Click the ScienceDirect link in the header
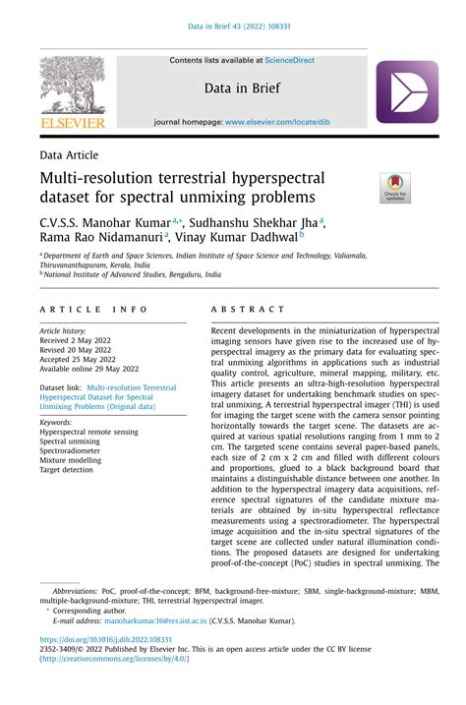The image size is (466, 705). click(x=290, y=60)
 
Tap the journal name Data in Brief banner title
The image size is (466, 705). click(x=242, y=88)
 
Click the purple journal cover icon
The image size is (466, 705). click(x=406, y=91)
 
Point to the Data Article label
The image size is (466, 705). click(x=69, y=154)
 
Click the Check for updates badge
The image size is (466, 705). click(x=395, y=187)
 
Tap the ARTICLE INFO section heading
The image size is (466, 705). click(x=92, y=310)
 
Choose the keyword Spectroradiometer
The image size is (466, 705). click(x=77, y=451)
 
